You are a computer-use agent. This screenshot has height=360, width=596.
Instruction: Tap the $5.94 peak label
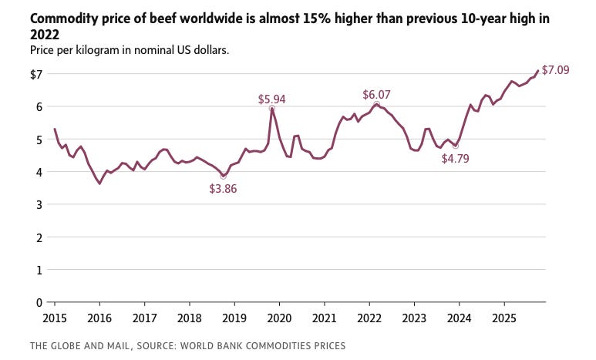(272, 99)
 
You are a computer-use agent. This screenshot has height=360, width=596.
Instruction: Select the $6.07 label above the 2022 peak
(376, 95)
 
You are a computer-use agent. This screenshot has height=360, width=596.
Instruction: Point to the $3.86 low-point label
(223, 189)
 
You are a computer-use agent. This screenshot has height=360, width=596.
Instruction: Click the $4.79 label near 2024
(455, 159)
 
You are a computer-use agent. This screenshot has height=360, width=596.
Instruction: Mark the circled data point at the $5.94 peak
(271, 109)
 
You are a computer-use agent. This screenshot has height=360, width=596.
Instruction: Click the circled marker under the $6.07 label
(376, 104)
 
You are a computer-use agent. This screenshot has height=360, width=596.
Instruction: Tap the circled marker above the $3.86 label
(224, 177)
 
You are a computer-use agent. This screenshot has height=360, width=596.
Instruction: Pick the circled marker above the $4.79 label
(456, 146)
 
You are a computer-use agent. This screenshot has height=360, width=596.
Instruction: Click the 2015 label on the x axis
(55, 318)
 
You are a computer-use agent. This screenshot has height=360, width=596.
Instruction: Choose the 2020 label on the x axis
(279, 318)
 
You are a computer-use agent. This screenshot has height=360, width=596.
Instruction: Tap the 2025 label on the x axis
(503, 318)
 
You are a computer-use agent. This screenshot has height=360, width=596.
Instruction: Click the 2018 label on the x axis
(189, 318)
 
